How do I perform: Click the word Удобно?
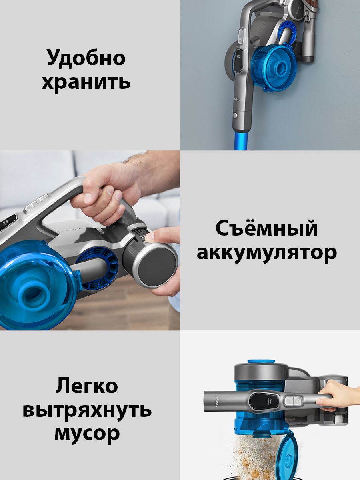[x=86, y=58]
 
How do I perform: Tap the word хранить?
[x=86, y=82]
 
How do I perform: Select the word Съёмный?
[x=267, y=229]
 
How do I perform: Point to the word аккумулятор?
[x=267, y=253]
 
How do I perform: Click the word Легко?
[x=87, y=386]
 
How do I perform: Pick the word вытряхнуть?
[x=87, y=410]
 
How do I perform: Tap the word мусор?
[x=87, y=434]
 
